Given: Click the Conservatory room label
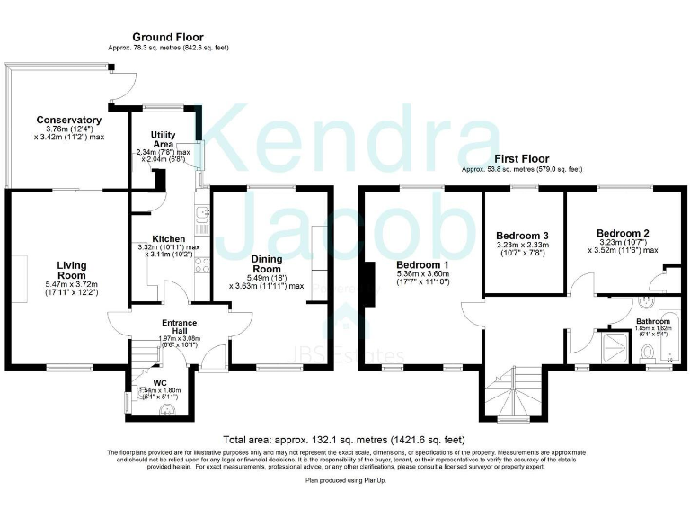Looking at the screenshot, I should (68, 120).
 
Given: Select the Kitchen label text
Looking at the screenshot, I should (168, 238).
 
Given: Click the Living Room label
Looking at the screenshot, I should (72, 269).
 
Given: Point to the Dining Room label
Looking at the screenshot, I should (267, 263).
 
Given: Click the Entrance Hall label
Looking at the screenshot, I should (166, 326).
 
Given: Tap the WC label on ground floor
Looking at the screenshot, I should (159, 382).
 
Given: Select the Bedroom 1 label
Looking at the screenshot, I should (422, 264).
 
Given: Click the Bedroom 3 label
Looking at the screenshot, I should (523, 235).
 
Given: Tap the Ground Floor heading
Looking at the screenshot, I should (168, 37).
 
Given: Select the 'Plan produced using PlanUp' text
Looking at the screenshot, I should (346, 481).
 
